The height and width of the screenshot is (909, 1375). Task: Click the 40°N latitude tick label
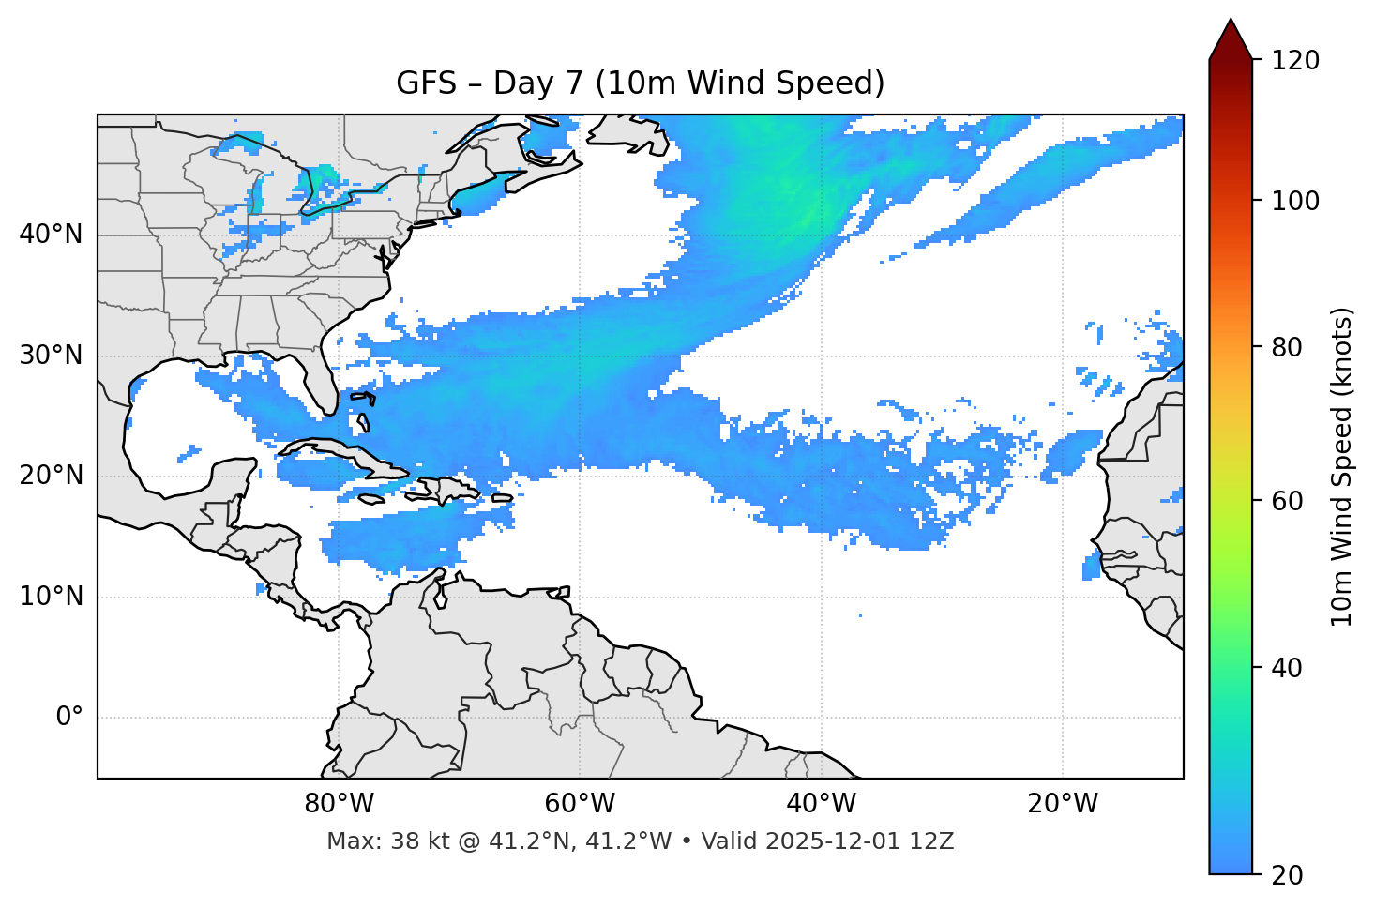pos(51,235)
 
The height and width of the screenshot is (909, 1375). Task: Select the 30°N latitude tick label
pos(51,356)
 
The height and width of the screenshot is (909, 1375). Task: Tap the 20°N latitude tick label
pos(51,477)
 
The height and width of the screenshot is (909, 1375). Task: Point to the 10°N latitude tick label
pos(51,597)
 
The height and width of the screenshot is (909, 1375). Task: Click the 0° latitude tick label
pos(68,718)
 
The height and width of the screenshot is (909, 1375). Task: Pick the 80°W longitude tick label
pos(339,804)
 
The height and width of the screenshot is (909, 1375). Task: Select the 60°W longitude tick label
pos(580,804)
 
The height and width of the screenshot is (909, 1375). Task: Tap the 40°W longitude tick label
pos(822,804)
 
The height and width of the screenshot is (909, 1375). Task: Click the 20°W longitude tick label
pos(1063,804)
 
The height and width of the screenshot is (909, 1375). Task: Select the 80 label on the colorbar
pos(1287,347)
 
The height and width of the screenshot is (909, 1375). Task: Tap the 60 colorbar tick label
pos(1287,501)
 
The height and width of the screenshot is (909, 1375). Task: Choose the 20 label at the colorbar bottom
pos(1287,875)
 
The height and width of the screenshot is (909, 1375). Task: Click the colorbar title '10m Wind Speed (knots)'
pos(1342,466)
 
